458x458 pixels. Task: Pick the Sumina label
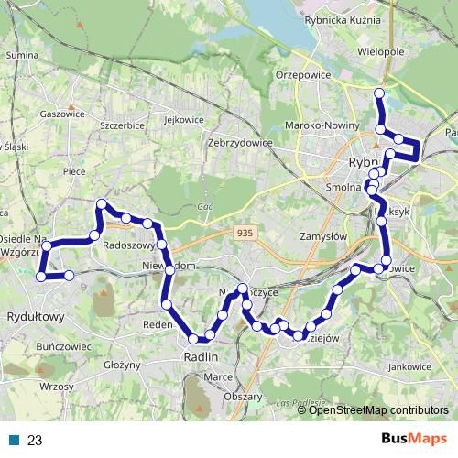coord(20,56)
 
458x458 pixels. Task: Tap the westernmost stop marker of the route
coord(40,276)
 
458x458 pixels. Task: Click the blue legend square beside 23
coord(14,439)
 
